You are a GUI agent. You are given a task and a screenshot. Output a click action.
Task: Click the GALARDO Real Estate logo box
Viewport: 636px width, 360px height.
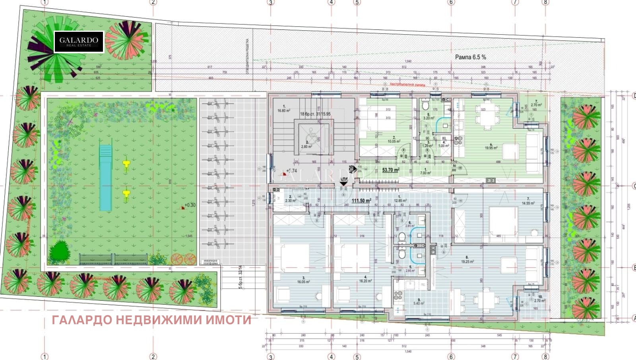(79, 42)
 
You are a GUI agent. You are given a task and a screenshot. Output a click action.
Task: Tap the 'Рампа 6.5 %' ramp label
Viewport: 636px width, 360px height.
(470, 57)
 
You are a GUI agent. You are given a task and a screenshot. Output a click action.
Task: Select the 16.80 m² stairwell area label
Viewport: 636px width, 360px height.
(284, 111)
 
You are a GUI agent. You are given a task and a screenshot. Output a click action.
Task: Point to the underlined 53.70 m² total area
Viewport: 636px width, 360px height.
(390, 170)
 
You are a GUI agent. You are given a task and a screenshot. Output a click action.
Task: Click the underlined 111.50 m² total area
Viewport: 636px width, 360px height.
(361, 200)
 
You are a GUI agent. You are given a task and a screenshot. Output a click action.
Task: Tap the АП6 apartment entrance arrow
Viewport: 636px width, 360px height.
(351, 169)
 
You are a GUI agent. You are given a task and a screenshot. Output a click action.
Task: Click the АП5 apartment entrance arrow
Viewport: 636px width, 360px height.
(343, 183)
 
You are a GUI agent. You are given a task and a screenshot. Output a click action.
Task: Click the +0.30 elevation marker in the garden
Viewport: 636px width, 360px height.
(189, 206)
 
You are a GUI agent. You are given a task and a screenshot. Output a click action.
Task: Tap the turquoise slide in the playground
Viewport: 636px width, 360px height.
(105, 177)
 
